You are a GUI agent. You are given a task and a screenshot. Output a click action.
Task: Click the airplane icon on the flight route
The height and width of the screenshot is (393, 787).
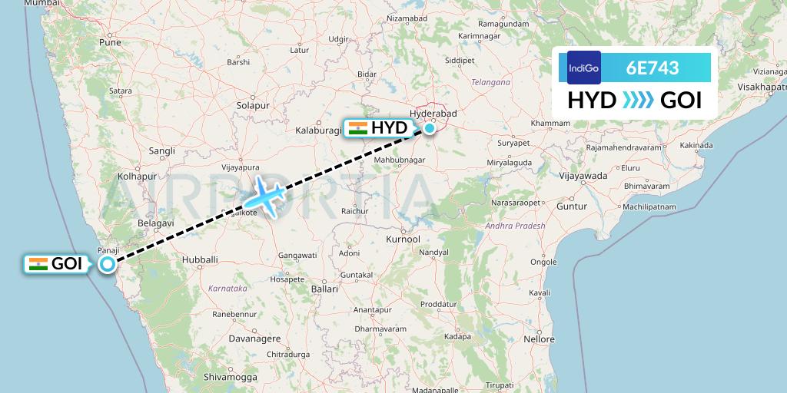265,196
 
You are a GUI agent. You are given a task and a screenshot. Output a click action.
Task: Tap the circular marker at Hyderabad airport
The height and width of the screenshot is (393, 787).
429,128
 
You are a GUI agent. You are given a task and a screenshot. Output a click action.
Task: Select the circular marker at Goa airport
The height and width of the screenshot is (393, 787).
108,264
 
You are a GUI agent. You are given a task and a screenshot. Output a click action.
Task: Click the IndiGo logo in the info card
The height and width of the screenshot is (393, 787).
583,68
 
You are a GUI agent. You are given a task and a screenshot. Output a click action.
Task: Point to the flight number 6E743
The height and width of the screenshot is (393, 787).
653,68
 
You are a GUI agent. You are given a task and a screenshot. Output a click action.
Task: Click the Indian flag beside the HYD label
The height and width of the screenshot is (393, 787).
357,128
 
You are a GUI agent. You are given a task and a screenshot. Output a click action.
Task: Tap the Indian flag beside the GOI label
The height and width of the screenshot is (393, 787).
38,264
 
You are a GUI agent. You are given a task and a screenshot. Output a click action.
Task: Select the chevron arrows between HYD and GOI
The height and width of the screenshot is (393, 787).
639,101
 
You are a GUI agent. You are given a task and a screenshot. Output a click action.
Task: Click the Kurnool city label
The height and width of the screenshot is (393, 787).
403,239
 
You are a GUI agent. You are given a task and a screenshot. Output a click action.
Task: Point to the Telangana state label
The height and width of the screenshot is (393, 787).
491,82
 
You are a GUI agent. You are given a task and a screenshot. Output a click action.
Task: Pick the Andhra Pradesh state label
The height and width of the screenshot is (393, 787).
515,226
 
